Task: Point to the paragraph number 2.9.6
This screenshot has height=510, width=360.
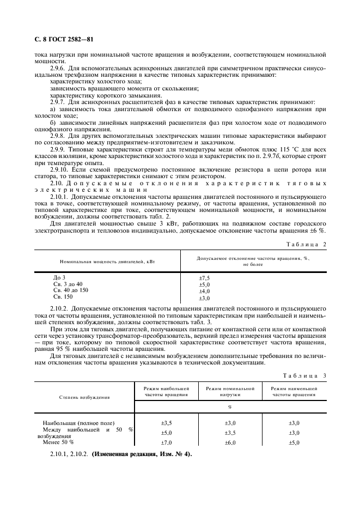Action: click(x=58, y=69)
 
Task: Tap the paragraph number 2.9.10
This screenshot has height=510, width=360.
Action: click(x=59, y=169)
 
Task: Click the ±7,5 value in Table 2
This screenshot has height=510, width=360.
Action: click(x=204, y=278)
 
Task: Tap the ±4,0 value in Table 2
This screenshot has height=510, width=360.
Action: click(x=204, y=292)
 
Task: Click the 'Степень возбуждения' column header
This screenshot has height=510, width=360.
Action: click(x=84, y=397)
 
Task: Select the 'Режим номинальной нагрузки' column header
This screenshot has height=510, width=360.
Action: click(x=230, y=392)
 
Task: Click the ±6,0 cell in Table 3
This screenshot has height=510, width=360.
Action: click(x=230, y=442)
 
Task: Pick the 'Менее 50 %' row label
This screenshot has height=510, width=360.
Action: click(x=58, y=442)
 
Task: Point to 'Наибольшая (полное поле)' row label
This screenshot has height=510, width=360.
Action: click(x=78, y=423)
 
